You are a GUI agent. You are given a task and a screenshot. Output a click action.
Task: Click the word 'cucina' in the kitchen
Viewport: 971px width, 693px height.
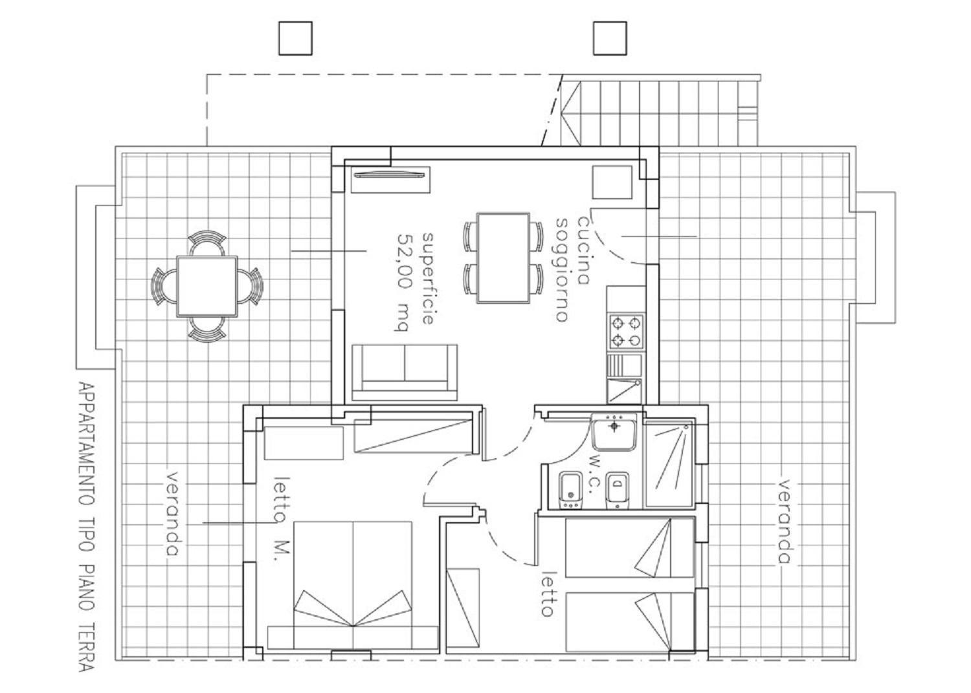(583, 250)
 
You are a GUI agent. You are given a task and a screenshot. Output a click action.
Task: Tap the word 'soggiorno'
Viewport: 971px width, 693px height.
(562, 270)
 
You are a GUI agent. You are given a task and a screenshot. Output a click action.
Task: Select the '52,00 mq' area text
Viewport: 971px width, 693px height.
(403, 282)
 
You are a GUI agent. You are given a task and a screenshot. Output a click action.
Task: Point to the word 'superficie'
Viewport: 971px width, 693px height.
(428, 278)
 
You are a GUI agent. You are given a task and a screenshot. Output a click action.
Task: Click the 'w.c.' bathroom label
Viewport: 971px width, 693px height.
(595, 475)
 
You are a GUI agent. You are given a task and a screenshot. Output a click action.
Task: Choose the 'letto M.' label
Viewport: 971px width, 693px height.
(282, 519)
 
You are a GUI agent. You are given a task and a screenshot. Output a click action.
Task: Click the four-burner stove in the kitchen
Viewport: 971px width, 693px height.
(627, 331)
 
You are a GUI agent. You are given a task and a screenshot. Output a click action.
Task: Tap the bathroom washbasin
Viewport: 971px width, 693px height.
(614, 431)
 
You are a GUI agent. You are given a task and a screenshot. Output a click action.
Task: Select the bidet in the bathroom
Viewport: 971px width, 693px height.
(618, 490)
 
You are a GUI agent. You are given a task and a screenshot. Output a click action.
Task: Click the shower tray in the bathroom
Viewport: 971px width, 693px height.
(670, 463)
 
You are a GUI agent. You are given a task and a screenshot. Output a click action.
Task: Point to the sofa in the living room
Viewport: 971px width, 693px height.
(405, 372)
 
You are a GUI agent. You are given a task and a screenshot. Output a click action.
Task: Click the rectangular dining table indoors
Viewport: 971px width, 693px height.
(503, 258)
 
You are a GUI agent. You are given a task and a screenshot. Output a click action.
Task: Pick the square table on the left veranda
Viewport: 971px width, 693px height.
(207, 287)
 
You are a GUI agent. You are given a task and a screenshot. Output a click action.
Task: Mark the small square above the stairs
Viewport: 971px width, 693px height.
(610, 39)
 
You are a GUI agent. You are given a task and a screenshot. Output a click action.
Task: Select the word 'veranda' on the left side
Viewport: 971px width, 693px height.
(173, 514)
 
